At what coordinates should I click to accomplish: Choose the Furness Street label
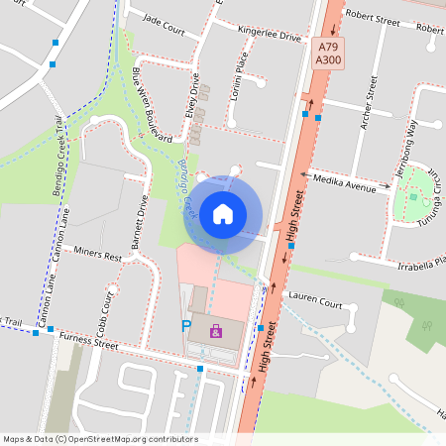88,341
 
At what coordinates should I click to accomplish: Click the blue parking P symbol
185,326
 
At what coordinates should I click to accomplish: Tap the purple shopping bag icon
216,331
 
